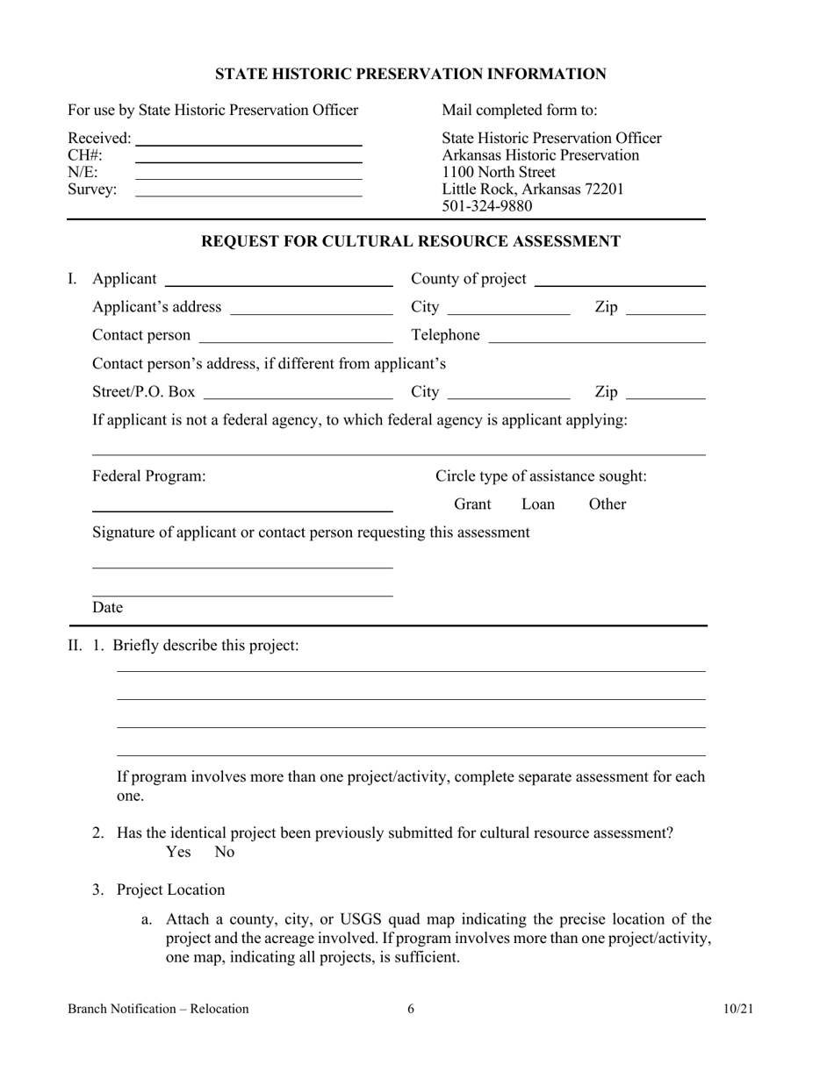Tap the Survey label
click(92, 189)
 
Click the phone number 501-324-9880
click(486, 206)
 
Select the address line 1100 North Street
click(498, 172)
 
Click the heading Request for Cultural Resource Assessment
click(411, 241)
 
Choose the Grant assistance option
click(472, 504)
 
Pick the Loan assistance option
click(538, 504)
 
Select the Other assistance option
click(608, 504)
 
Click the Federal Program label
click(149, 476)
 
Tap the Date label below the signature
click(108, 607)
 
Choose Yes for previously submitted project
click(178, 852)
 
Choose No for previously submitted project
click(225, 852)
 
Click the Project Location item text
click(170, 890)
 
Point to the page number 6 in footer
click(411, 1009)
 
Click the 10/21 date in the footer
click(738, 1009)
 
